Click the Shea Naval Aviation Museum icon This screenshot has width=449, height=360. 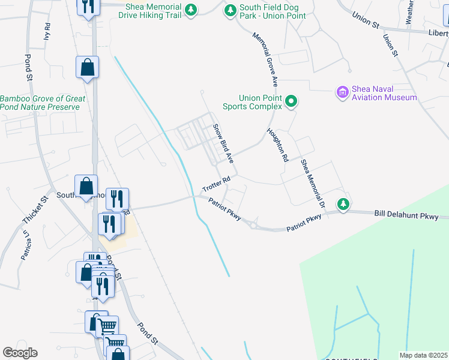(x=342, y=92)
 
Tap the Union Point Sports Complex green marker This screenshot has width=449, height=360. (x=291, y=101)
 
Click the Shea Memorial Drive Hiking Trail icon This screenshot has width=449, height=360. (x=191, y=10)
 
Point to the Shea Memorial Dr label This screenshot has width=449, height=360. (x=313, y=184)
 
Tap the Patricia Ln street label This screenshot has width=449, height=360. (x=25, y=246)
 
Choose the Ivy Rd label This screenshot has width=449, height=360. (x=47, y=32)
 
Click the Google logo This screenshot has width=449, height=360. (x=20, y=353)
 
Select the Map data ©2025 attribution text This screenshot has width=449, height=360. (x=423, y=355)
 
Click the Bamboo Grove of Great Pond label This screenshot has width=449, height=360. (x=42, y=103)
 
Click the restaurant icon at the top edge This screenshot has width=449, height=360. (x=88, y=7)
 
